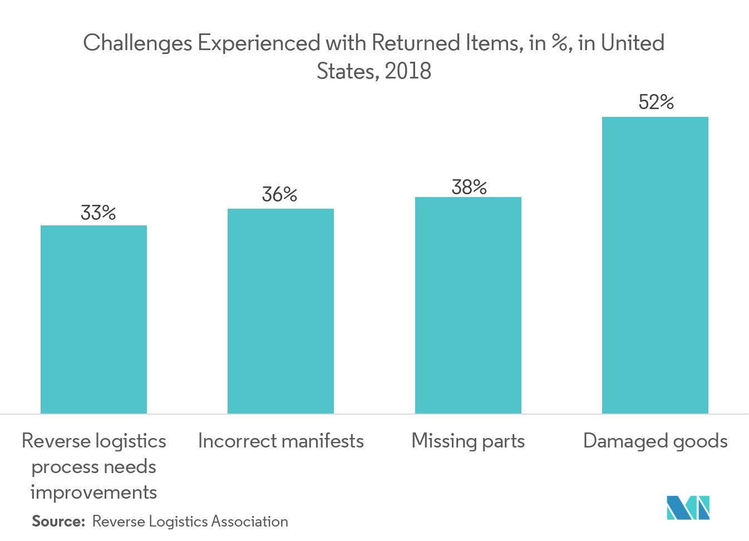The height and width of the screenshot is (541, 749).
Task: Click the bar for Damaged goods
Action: pyautogui.click(x=655, y=265)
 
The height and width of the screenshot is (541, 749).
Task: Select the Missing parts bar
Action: pyautogui.click(x=468, y=305)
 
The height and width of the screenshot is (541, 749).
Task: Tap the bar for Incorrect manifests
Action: pyautogui.click(x=280, y=311)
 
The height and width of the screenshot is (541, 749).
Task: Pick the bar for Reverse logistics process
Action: pyautogui.click(x=93, y=319)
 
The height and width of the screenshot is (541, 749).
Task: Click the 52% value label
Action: pyautogui.click(x=656, y=102)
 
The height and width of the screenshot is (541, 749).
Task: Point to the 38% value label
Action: pyautogui.click(x=469, y=188)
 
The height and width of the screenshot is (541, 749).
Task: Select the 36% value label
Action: pyautogui.click(x=279, y=194)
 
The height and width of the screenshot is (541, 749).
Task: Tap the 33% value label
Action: pyautogui.click(x=98, y=213)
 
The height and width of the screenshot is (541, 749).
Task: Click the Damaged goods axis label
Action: pyautogui.click(x=655, y=441)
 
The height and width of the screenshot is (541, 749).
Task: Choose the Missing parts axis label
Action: pyautogui.click(x=468, y=441)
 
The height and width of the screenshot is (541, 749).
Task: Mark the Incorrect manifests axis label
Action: pyautogui.click(x=280, y=441)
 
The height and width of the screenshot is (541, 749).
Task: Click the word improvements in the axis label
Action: pyautogui.click(x=93, y=493)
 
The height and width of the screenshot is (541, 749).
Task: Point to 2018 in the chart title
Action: pyautogui.click(x=408, y=71)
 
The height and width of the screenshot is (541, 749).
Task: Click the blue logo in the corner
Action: pyautogui.click(x=688, y=507)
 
